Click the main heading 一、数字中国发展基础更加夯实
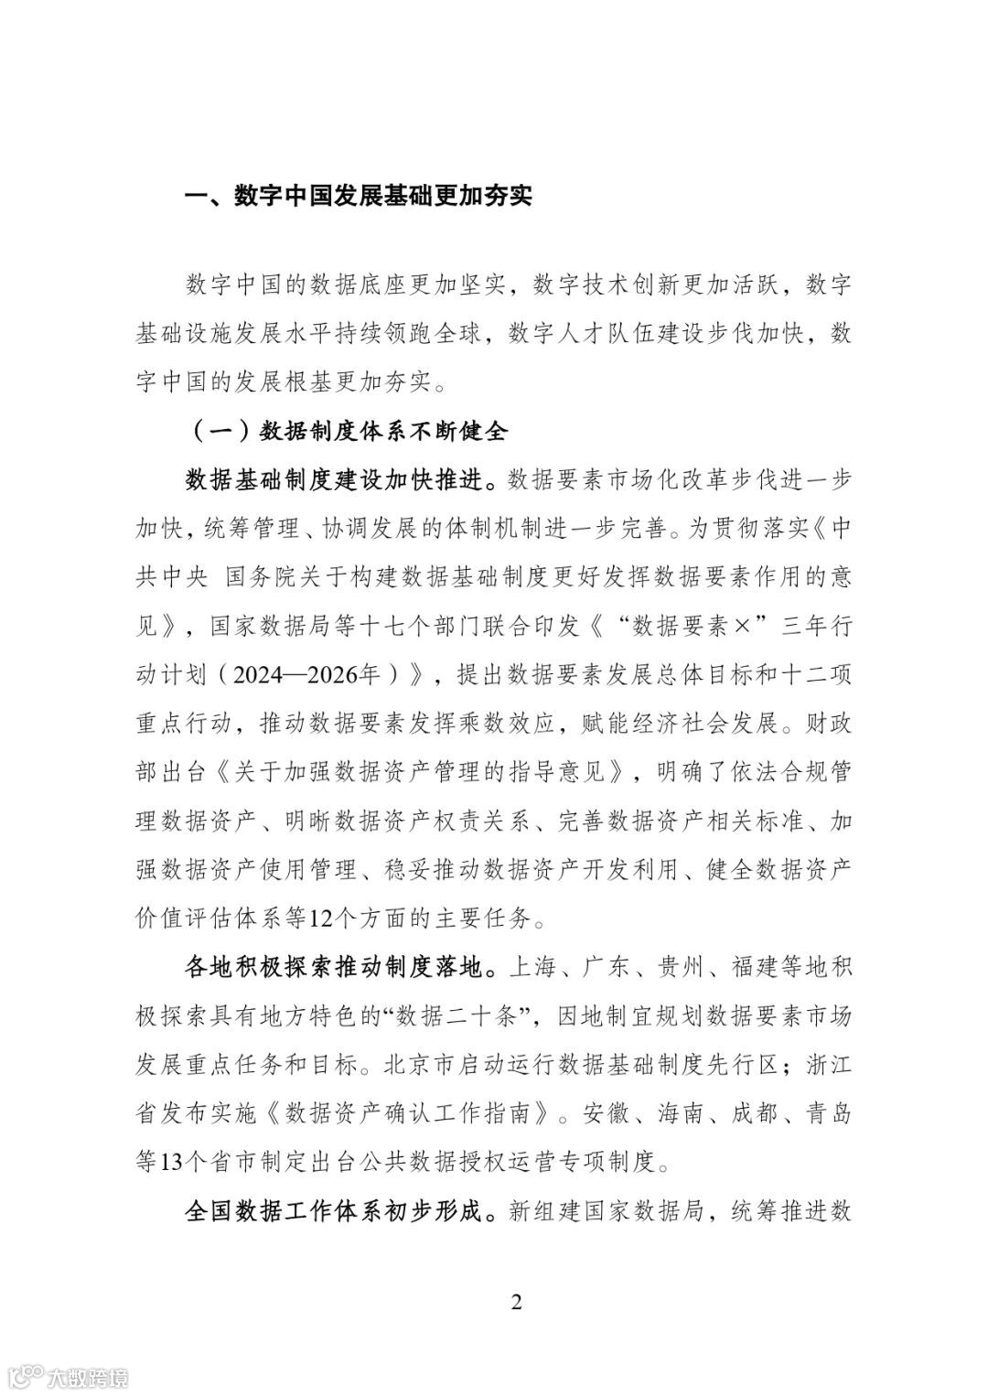coord(359,197)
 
